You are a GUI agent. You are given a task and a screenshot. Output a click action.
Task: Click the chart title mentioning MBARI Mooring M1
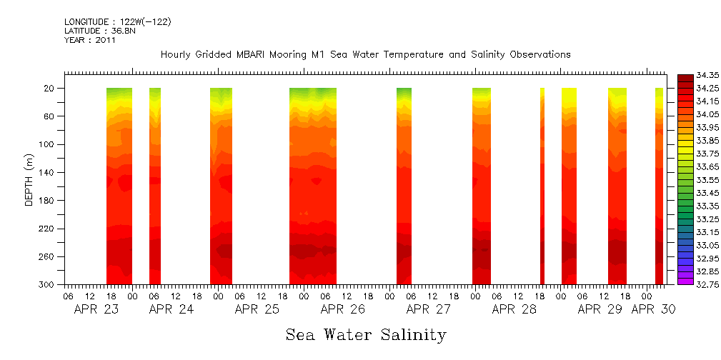point(365,54)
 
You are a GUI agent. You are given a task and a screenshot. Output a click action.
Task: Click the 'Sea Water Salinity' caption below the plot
point(366,334)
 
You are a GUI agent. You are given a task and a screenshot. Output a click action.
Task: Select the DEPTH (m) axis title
point(29,179)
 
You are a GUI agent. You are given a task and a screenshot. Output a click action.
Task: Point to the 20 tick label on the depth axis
point(50,89)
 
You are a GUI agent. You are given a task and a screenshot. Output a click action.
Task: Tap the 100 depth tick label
point(48,144)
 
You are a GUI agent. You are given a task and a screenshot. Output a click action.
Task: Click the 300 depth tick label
point(48,285)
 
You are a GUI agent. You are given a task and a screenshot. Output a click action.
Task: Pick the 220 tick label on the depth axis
point(48,229)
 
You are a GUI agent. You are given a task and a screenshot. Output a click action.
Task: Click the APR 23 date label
point(98,310)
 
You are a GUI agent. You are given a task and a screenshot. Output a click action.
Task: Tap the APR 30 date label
point(653,310)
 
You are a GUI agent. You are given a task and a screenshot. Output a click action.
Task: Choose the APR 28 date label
point(514,310)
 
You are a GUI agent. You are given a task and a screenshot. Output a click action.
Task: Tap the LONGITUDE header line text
point(117,22)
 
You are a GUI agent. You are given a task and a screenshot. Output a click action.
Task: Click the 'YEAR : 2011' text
point(90,40)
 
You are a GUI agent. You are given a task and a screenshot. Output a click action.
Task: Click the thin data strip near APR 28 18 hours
point(542,186)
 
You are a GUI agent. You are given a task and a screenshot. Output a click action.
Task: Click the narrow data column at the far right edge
point(659,186)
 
